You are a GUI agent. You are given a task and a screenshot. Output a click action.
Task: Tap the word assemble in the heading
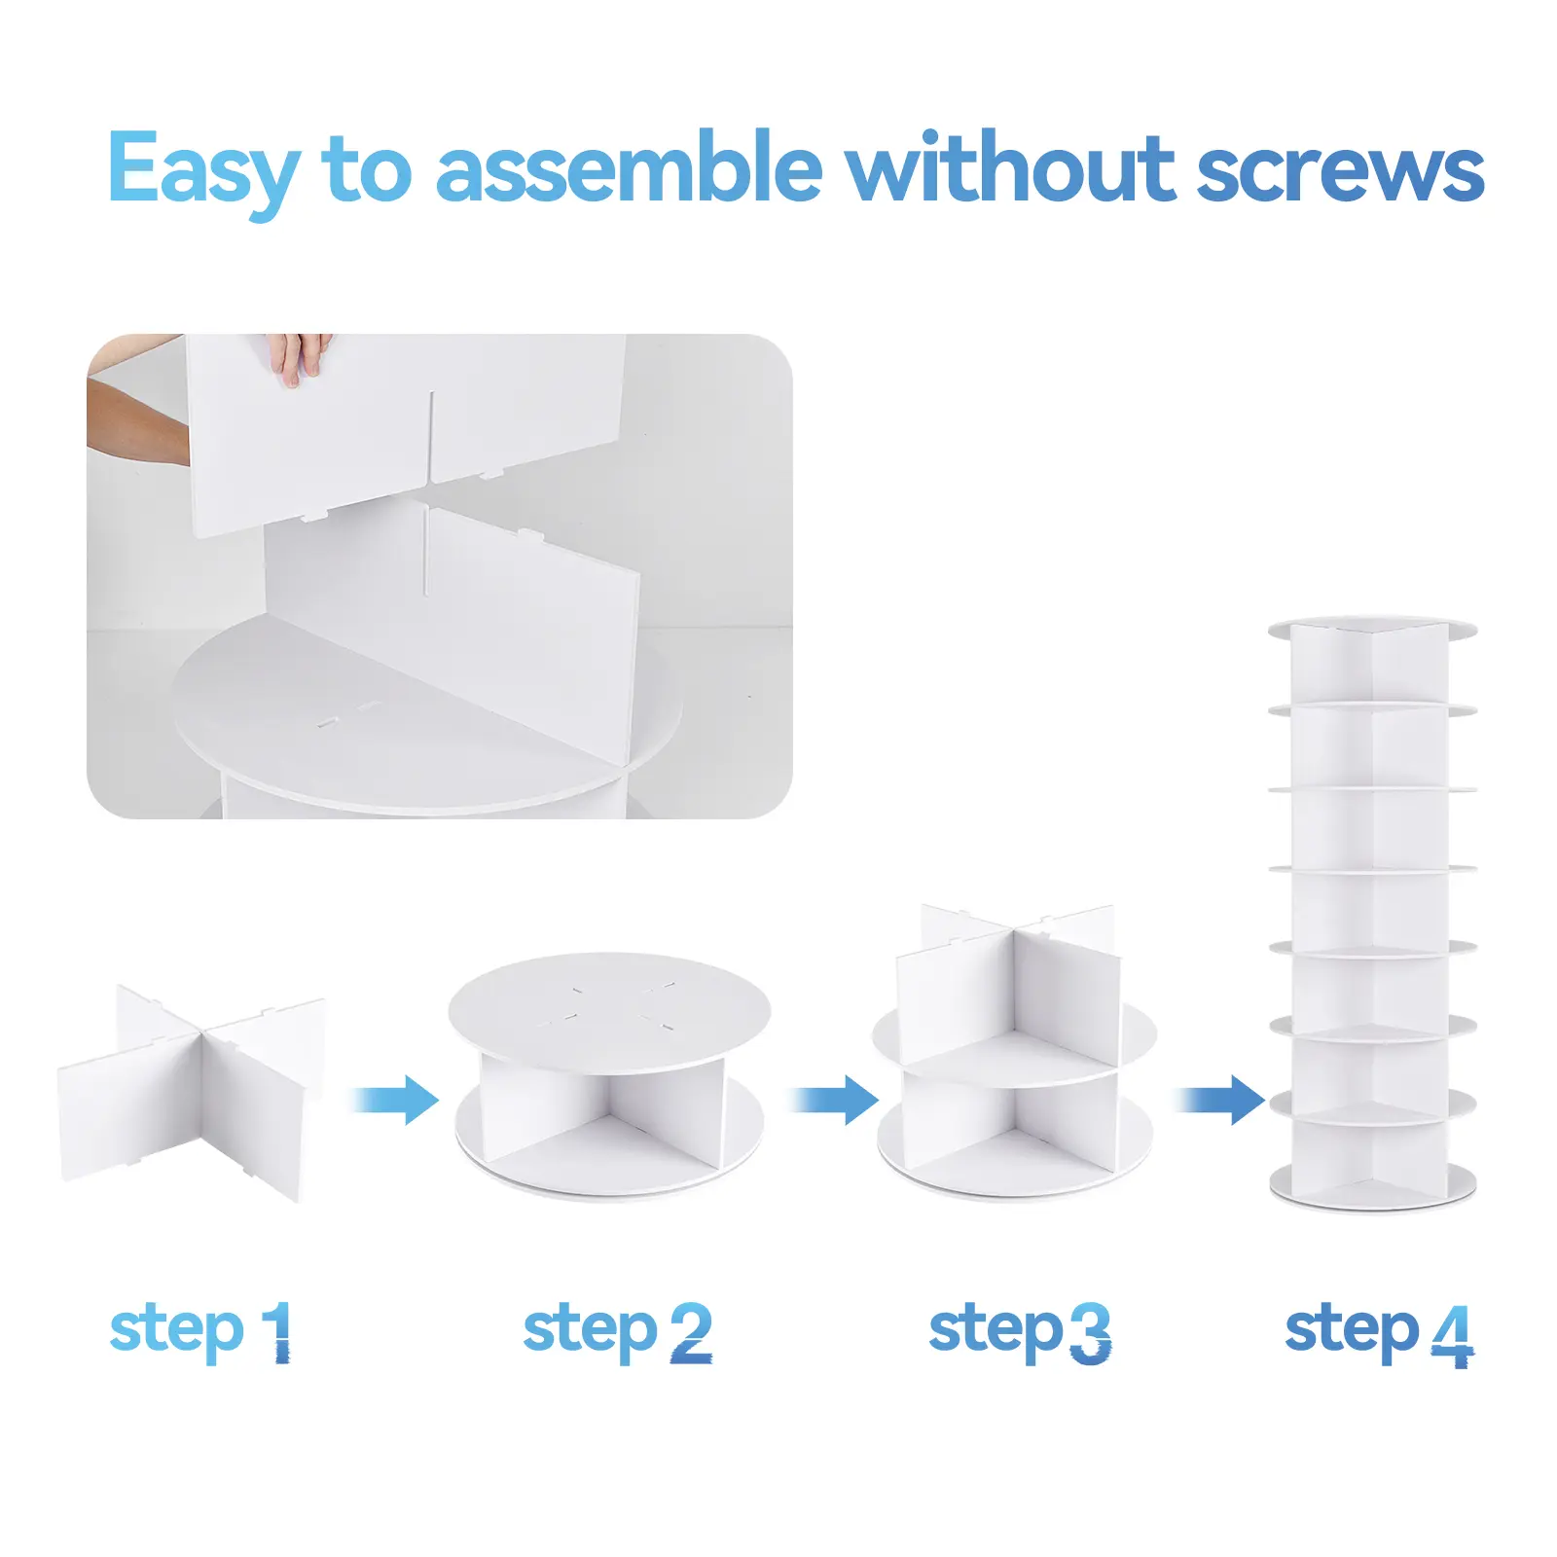[629, 167]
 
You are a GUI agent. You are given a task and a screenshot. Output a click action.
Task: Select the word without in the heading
[1010, 166]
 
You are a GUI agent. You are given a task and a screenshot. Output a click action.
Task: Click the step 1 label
[200, 1332]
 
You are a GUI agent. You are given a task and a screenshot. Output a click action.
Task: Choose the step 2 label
[617, 1332]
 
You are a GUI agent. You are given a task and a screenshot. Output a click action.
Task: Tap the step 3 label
[1020, 1332]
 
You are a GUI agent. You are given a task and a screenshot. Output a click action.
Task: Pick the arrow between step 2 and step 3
[835, 1101]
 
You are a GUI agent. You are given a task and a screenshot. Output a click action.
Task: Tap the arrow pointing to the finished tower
[1221, 1101]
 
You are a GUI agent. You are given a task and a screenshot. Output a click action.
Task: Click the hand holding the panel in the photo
[300, 357]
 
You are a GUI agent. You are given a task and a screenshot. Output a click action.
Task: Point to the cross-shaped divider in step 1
[193, 1094]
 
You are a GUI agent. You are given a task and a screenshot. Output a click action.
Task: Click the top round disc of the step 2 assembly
[609, 1008]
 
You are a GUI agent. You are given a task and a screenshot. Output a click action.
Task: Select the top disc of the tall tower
[1372, 629]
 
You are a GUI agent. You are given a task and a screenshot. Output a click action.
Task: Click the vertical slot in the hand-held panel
[431, 436]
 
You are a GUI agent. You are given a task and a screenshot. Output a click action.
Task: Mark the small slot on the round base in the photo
[328, 722]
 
